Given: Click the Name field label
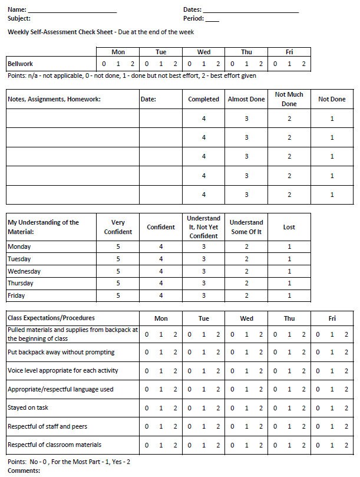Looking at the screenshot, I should [x=17, y=10].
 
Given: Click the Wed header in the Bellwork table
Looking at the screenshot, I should [x=204, y=52].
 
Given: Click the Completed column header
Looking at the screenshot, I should [x=204, y=100].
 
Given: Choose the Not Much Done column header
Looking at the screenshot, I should [x=289, y=99].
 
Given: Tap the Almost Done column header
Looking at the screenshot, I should [x=246, y=100].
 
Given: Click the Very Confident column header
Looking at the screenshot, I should [x=118, y=227].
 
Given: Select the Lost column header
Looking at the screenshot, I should [x=289, y=227].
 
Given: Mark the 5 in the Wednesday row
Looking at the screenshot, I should [x=118, y=271].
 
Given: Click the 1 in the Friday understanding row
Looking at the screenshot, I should [x=289, y=295].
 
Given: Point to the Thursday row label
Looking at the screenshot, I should [x=21, y=284].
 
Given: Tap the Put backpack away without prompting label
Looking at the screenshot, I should [x=61, y=353].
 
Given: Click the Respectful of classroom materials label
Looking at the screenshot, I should [x=54, y=445].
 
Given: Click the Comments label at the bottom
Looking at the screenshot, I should [x=24, y=471].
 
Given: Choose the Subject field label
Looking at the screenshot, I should [x=19, y=19].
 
